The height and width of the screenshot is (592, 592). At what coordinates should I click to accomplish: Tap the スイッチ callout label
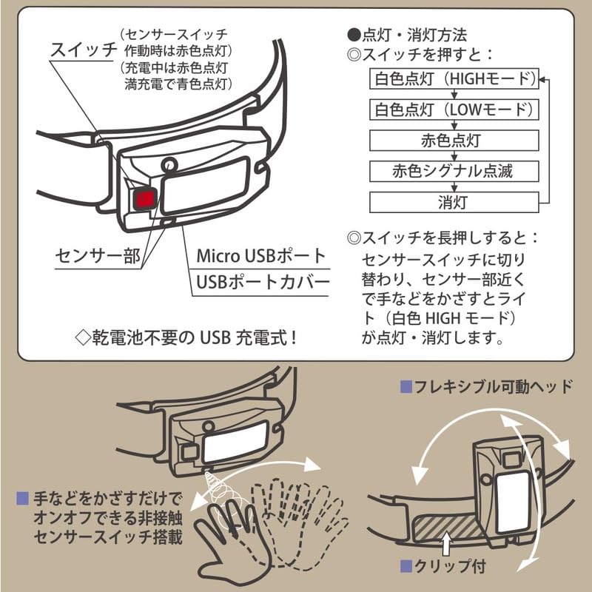click(84, 50)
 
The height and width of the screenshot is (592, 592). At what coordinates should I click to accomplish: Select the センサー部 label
click(98, 255)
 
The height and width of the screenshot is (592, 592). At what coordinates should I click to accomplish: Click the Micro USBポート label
click(261, 256)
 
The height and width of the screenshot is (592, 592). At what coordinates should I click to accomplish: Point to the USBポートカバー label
click(263, 282)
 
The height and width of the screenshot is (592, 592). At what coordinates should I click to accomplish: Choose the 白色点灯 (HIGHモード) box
click(454, 78)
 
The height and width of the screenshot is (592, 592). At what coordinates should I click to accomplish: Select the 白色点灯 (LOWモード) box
click(454, 110)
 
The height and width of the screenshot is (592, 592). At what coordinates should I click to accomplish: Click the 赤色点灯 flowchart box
click(454, 141)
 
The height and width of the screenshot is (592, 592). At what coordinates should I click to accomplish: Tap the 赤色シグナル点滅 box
click(454, 172)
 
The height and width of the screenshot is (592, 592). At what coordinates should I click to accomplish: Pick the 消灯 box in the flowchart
click(454, 202)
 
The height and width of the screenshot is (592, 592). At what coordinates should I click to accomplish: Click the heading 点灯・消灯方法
click(407, 35)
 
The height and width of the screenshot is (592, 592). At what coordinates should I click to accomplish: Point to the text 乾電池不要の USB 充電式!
click(186, 337)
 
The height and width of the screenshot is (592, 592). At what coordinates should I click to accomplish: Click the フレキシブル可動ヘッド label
click(487, 386)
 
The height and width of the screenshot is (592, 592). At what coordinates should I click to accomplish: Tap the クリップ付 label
click(443, 566)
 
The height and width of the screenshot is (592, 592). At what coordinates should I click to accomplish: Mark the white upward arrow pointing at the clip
click(447, 544)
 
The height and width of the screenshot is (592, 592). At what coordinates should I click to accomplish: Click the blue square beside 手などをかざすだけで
click(23, 498)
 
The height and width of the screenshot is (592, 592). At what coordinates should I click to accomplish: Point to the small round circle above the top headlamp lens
click(169, 165)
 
